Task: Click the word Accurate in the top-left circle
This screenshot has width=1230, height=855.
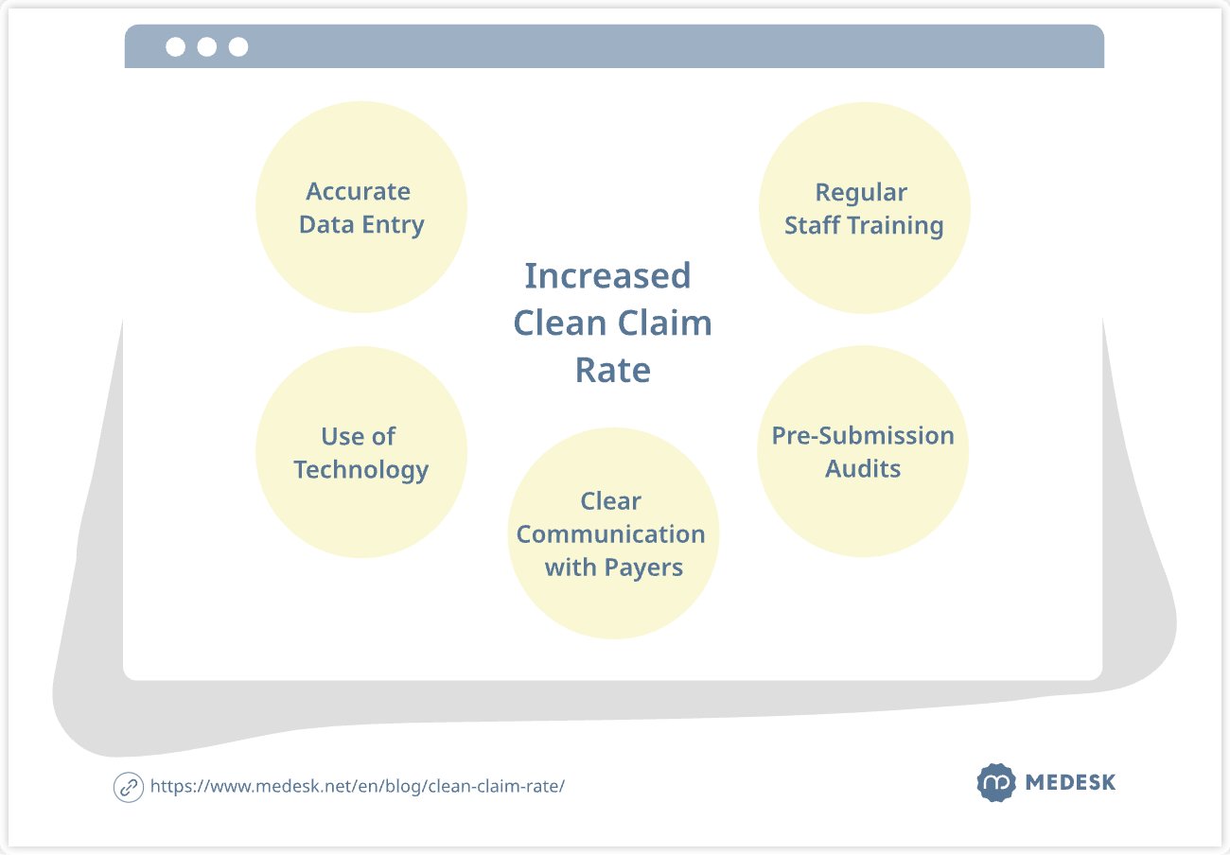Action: point(358,191)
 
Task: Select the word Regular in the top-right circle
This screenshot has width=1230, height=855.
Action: point(861,192)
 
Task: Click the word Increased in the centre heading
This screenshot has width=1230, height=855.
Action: point(607,276)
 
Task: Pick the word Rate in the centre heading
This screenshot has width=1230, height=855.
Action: point(613,370)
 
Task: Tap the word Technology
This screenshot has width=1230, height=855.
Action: point(360,470)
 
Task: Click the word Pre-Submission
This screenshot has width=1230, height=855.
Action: point(863,436)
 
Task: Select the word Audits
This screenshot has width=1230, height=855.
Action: point(863,469)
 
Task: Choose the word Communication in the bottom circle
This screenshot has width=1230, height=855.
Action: point(610,534)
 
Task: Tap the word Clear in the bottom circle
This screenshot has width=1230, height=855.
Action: point(610,501)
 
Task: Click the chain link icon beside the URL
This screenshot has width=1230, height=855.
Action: point(128,787)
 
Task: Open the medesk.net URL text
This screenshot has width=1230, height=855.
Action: point(358,787)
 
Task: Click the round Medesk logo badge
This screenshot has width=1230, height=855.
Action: point(995,783)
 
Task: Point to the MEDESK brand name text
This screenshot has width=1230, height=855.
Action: point(1070,783)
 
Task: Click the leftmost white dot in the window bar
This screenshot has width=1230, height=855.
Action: point(175,46)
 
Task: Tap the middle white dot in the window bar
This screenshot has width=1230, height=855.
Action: point(207,46)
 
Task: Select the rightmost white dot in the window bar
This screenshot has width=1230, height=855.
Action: point(238,46)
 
